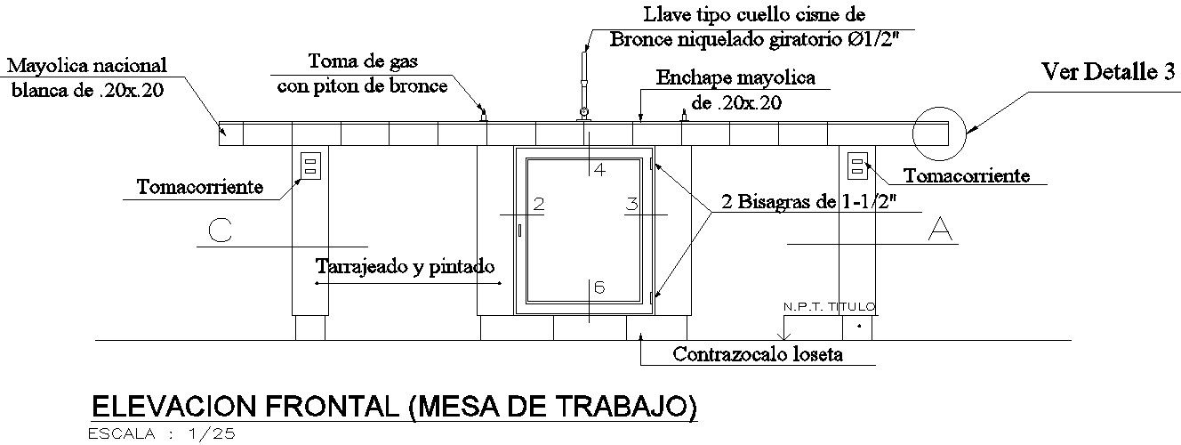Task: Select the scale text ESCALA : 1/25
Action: pos(161,434)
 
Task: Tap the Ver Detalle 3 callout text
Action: pos(1108,73)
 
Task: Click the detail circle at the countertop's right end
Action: pos(937,131)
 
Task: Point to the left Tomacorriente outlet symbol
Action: pos(309,165)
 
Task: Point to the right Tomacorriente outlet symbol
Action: pos(857,165)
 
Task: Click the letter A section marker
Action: pos(940,229)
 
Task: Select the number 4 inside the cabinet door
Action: pos(599,169)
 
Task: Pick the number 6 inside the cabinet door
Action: pos(599,287)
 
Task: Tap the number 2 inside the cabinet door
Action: pos(538,204)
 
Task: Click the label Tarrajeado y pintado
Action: pos(405,266)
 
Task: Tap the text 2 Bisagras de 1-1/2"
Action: pos(809,201)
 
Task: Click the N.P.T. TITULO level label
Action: pos(829,307)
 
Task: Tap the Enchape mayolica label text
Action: pos(735,90)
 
